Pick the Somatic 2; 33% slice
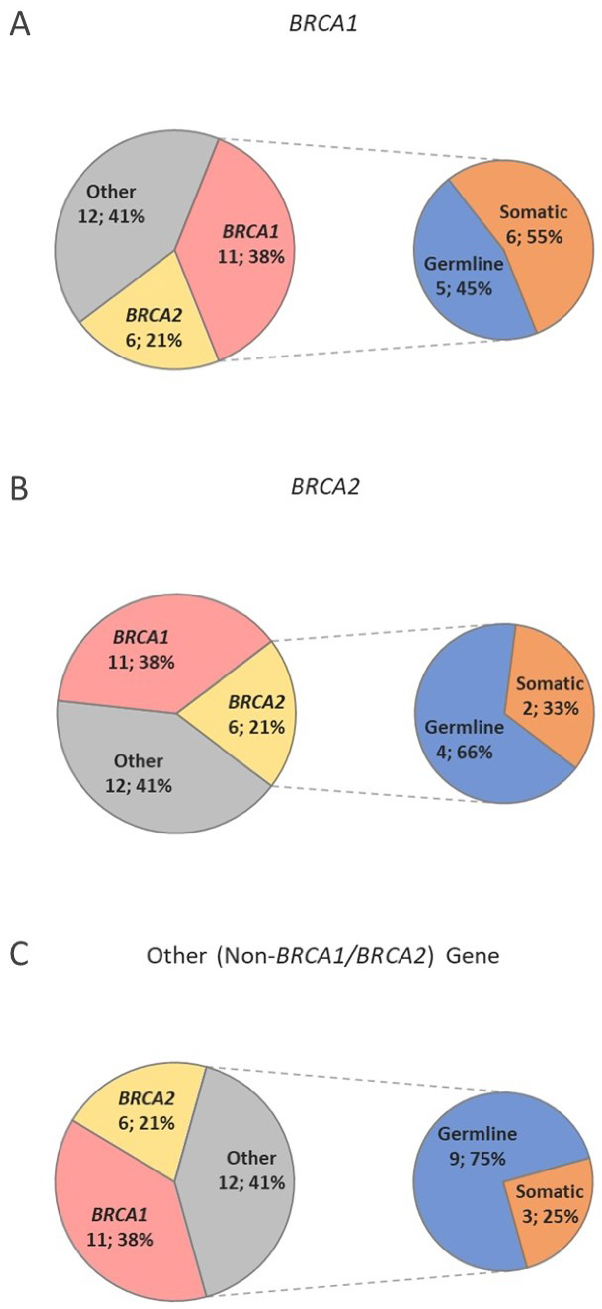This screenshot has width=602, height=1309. click(x=549, y=712)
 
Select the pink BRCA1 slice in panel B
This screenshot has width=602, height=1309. click(x=142, y=655)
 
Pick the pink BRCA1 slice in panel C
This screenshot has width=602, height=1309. click(x=122, y=1230)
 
